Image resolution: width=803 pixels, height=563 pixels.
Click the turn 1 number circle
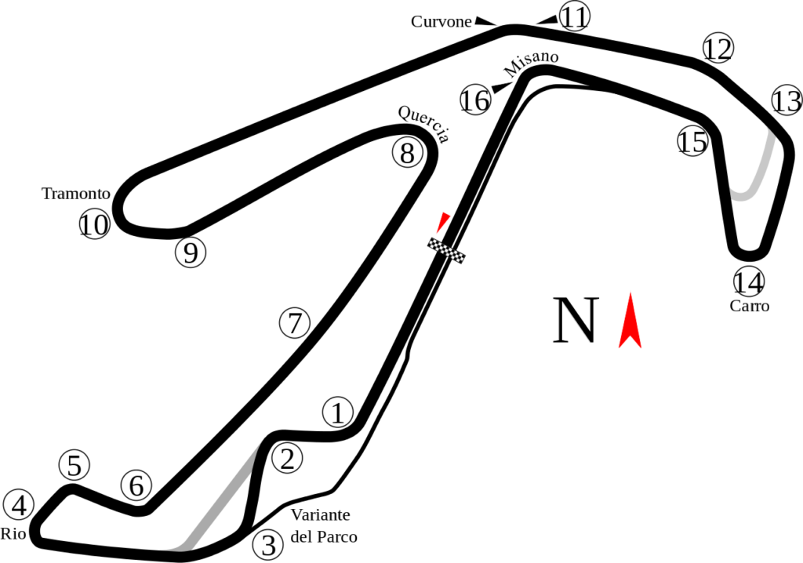(338, 412)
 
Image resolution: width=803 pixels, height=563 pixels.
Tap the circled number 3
(268, 545)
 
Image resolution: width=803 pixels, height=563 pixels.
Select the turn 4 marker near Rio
(19, 505)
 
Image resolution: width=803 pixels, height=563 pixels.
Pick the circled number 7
(295, 323)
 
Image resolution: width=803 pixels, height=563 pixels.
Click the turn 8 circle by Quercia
(407, 152)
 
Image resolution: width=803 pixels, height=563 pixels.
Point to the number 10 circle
(94, 226)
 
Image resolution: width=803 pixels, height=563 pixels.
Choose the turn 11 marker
(575, 16)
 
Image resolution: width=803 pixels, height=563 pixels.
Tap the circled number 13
(786, 100)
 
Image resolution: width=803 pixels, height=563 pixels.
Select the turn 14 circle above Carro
(749, 281)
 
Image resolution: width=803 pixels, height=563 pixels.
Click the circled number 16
(475, 100)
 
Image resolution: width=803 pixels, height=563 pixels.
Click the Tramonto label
(76, 194)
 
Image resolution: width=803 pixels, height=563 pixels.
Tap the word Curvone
(441, 22)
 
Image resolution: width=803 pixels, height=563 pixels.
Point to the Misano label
(532, 64)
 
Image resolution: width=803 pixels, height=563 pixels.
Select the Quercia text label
(424, 124)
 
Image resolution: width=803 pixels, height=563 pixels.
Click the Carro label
(749, 306)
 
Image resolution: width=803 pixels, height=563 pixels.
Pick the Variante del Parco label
(323, 525)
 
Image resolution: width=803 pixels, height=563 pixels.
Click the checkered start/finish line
(447, 251)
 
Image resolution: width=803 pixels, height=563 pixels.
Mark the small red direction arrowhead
(443, 222)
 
